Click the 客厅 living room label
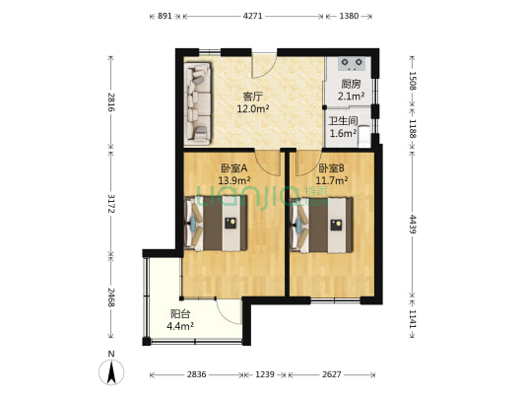pos(253,98)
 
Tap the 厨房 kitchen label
pos(351,84)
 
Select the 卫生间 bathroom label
pos(343,121)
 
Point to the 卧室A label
pos(234,167)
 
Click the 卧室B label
pos(331,167)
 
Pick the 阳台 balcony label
pos(180,314)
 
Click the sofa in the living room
pos(198,103)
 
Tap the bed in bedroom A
pos(217,224)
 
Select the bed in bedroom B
pos(321,225)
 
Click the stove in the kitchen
pos(352,64)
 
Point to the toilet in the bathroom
pos(363,136)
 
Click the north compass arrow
pos(111,371)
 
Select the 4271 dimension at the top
pos(252,16)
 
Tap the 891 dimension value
pos(164,16)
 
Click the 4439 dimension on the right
pos(413,225)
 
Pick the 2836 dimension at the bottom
pos(196,374)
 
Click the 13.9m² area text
pos(234,181)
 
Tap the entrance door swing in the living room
pos(265,66)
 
